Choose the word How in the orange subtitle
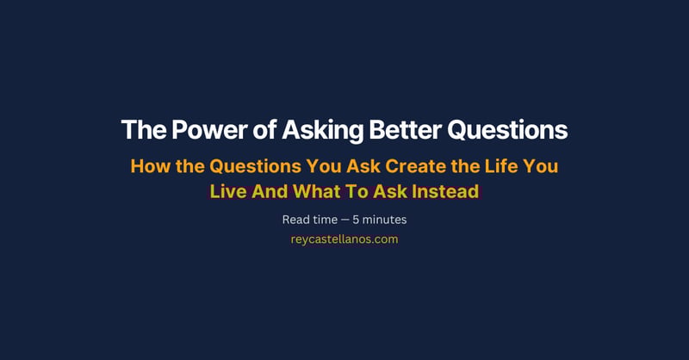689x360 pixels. [x=148, y=166]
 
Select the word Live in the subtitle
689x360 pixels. [x=227, y=191]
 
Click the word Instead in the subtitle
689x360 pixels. [x=443, y=191]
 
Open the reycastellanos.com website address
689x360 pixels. [x=344, y=239]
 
